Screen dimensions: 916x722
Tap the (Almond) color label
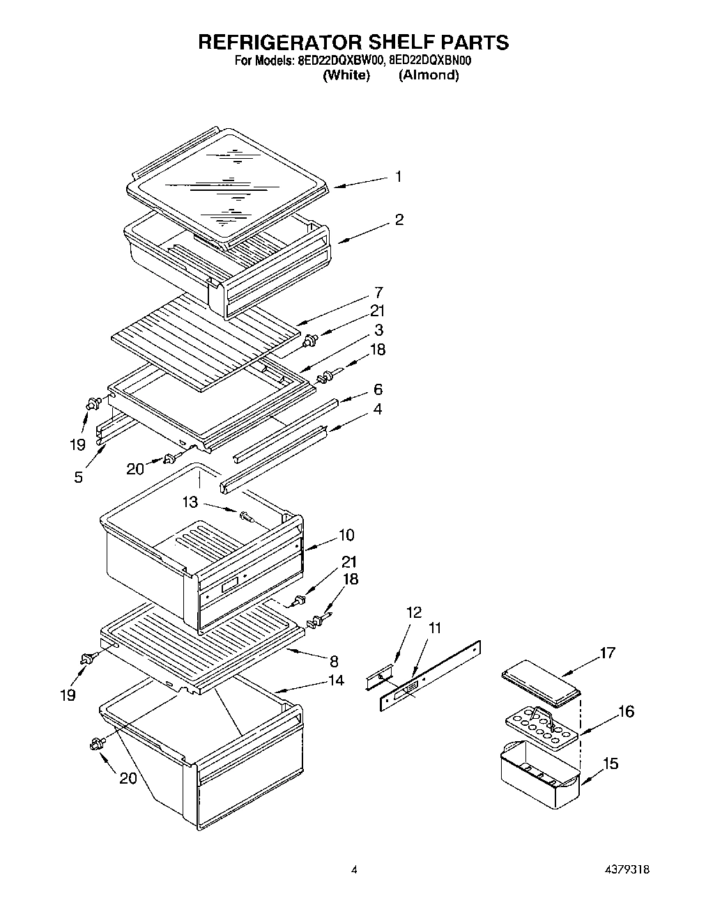429,75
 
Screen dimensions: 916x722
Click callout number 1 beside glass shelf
398,177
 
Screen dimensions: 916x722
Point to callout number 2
399,220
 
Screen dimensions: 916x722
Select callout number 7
378,293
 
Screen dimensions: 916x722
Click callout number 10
346,535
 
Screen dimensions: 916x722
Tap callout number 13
190,502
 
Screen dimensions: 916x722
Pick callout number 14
336,681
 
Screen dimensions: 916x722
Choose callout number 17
607,653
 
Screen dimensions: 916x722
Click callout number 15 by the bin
610,764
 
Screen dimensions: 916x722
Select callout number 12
414,612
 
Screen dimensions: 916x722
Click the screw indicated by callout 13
246,517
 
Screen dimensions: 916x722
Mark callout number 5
78,477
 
